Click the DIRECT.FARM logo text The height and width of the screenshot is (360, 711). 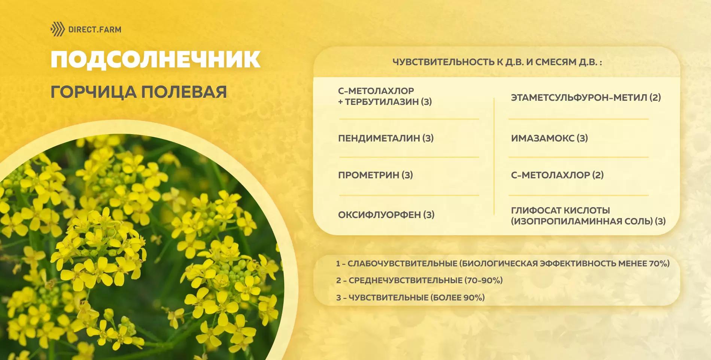point(95,29)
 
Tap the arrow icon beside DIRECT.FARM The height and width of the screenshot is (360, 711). point(58,29)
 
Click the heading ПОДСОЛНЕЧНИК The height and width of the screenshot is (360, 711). point(155,59)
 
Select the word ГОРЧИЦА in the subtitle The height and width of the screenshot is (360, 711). point(93,92)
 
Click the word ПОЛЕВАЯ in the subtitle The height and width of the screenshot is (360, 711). point(184,92)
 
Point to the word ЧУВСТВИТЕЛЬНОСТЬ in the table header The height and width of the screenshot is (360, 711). point(443,62)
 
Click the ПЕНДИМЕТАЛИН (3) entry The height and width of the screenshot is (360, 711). point(386,138)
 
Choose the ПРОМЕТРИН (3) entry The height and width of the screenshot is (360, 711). point(376,175)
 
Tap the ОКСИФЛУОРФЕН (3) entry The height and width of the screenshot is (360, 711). point(386,215)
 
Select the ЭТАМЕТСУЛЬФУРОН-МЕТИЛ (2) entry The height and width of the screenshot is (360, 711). point(586,98)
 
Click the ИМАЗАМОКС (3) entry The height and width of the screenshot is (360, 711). point(549,138)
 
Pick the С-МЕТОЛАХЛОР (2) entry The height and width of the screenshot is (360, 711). point(557,175)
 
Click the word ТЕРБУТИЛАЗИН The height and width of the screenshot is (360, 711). point(382,102)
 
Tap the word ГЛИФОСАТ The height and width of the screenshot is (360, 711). point(536,211)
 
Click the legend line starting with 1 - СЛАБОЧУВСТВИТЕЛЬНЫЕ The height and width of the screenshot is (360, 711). point(502,264)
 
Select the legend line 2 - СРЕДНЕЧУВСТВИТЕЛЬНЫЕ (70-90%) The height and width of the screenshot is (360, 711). point(419,281)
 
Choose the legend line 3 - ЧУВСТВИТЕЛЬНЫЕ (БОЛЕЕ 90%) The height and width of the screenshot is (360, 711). point(410,298)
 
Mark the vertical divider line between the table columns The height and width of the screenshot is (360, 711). point(494,156)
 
